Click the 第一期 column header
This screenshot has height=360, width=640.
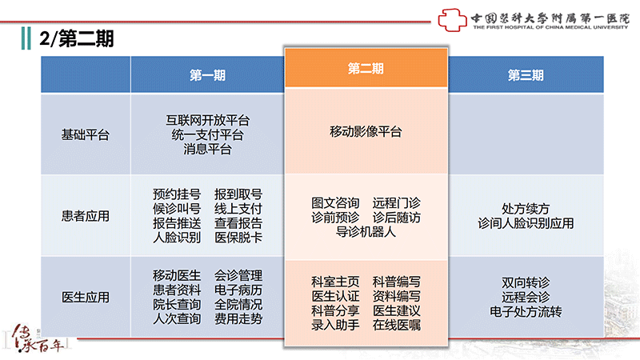[207, 75]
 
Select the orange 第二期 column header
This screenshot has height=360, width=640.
[366, 68]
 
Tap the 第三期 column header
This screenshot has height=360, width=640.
[526, 75]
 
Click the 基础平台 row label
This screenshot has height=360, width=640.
[86, 134]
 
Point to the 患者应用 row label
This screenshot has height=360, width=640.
[86, 215]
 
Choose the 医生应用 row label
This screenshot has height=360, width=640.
[86, 297]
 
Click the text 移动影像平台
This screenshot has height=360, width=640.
[366, 131]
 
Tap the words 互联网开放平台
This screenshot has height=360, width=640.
[207, 120]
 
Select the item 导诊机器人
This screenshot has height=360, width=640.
[366, 232]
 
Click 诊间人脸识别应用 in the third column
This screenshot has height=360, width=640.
[526, 223]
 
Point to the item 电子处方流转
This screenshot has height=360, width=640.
[526, 311]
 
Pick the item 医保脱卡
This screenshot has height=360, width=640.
[238, 237]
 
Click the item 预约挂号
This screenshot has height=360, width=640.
[177, 194]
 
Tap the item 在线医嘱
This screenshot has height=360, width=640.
[396, 325]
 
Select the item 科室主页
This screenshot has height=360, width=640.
[335, 282]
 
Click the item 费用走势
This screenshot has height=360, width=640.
[238, 318]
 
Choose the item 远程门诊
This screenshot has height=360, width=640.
[396, 203]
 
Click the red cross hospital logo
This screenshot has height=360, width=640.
[452, 19]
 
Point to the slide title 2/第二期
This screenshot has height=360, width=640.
[76, 38]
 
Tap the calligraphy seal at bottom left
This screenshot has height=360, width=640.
[36, 338]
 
